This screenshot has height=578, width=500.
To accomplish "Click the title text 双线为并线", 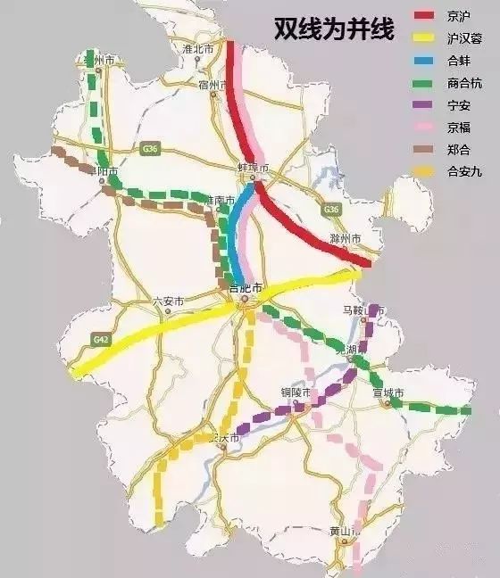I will (334, 30).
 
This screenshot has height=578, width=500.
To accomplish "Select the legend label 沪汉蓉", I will (465, 38).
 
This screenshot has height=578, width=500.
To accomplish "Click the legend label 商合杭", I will (465, 83).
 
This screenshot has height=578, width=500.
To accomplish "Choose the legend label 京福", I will (461, 128).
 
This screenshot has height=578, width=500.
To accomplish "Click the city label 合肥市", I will (246, 288).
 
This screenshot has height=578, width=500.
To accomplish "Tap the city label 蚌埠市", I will (254, 169).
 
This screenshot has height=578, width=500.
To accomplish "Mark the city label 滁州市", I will (345, 240).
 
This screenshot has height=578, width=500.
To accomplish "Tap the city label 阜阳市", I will (104, 169).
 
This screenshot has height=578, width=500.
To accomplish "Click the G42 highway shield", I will (101, 340).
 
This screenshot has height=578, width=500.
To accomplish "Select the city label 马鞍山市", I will (363, 310).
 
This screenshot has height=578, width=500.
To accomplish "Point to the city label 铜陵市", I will (295, 393).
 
